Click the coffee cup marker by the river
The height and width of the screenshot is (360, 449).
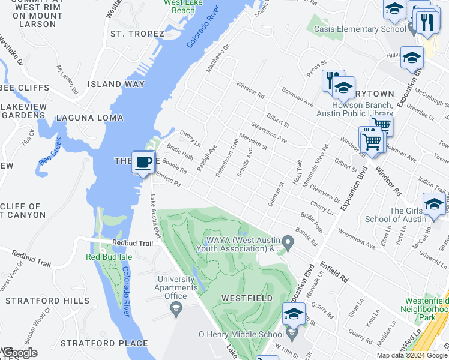point(143,163)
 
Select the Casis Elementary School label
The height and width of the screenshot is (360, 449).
point(360,29)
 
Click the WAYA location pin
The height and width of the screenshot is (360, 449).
point(288,244)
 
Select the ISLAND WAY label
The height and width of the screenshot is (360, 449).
point(117,84)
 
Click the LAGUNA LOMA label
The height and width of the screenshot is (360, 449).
point(90,118)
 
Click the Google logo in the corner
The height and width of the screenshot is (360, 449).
point(19,353)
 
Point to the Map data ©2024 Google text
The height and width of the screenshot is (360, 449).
point(412,355)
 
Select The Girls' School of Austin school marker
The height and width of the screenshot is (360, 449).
point(434,203)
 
